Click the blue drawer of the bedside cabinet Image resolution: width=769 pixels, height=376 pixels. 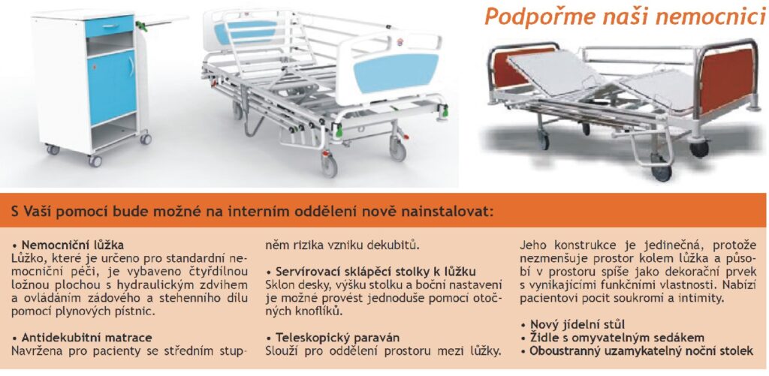click(x=110, y=26)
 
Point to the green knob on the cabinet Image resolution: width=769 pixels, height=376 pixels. click(x=141, y=25)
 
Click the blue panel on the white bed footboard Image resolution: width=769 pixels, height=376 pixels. click(x=397, y=73)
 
